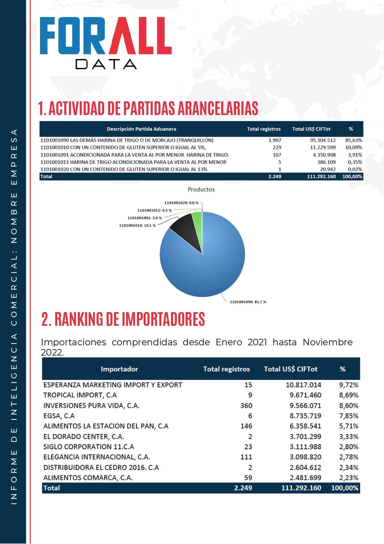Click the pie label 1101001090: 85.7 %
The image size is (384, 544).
coord(248,302)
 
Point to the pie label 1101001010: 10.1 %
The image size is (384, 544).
coord(137,225)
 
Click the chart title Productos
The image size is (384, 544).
coord(201,189)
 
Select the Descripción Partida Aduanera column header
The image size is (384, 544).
coord(141,129)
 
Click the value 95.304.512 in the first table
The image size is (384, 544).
coord(323,140)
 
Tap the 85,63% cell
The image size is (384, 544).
coord(353,140)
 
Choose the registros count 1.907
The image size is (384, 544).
coord(275,140)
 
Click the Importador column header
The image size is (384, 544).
coord(119,369)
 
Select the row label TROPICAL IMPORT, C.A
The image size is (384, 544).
coord(80,395)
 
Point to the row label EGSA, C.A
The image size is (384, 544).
coord(59,416)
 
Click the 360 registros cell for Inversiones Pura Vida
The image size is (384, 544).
coord(246,405)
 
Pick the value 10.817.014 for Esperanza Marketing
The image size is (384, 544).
coord(303,385)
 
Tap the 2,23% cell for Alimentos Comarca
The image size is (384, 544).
coord(349,478)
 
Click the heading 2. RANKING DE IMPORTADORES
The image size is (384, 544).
coord(123,319)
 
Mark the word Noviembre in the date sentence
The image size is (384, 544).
coord(327,342)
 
